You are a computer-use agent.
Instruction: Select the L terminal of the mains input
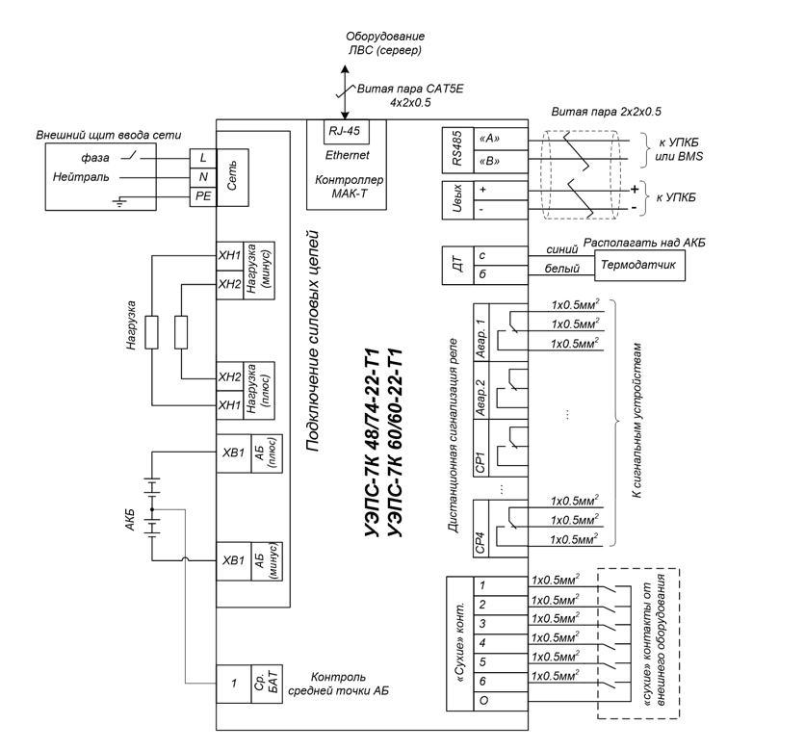point(203,158)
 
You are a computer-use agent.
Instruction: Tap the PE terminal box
point(203,196)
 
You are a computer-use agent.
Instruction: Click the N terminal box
point(203,177)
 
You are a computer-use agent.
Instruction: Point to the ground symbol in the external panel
point(119,201)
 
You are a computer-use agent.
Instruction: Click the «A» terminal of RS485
point(500,139)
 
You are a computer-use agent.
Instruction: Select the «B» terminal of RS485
point(500,162)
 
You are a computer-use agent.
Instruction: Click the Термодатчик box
point(639,266)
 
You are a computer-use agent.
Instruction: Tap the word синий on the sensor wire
point(562,250)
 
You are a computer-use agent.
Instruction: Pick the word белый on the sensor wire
point(562,269)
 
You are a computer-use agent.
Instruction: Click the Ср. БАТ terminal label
point(267,685)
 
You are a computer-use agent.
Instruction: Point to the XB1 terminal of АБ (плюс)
point(234,453)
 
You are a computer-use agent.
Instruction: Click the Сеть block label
point(233,177)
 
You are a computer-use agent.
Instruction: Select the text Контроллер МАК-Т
point(349,187)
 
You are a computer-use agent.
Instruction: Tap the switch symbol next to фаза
point(131,156)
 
